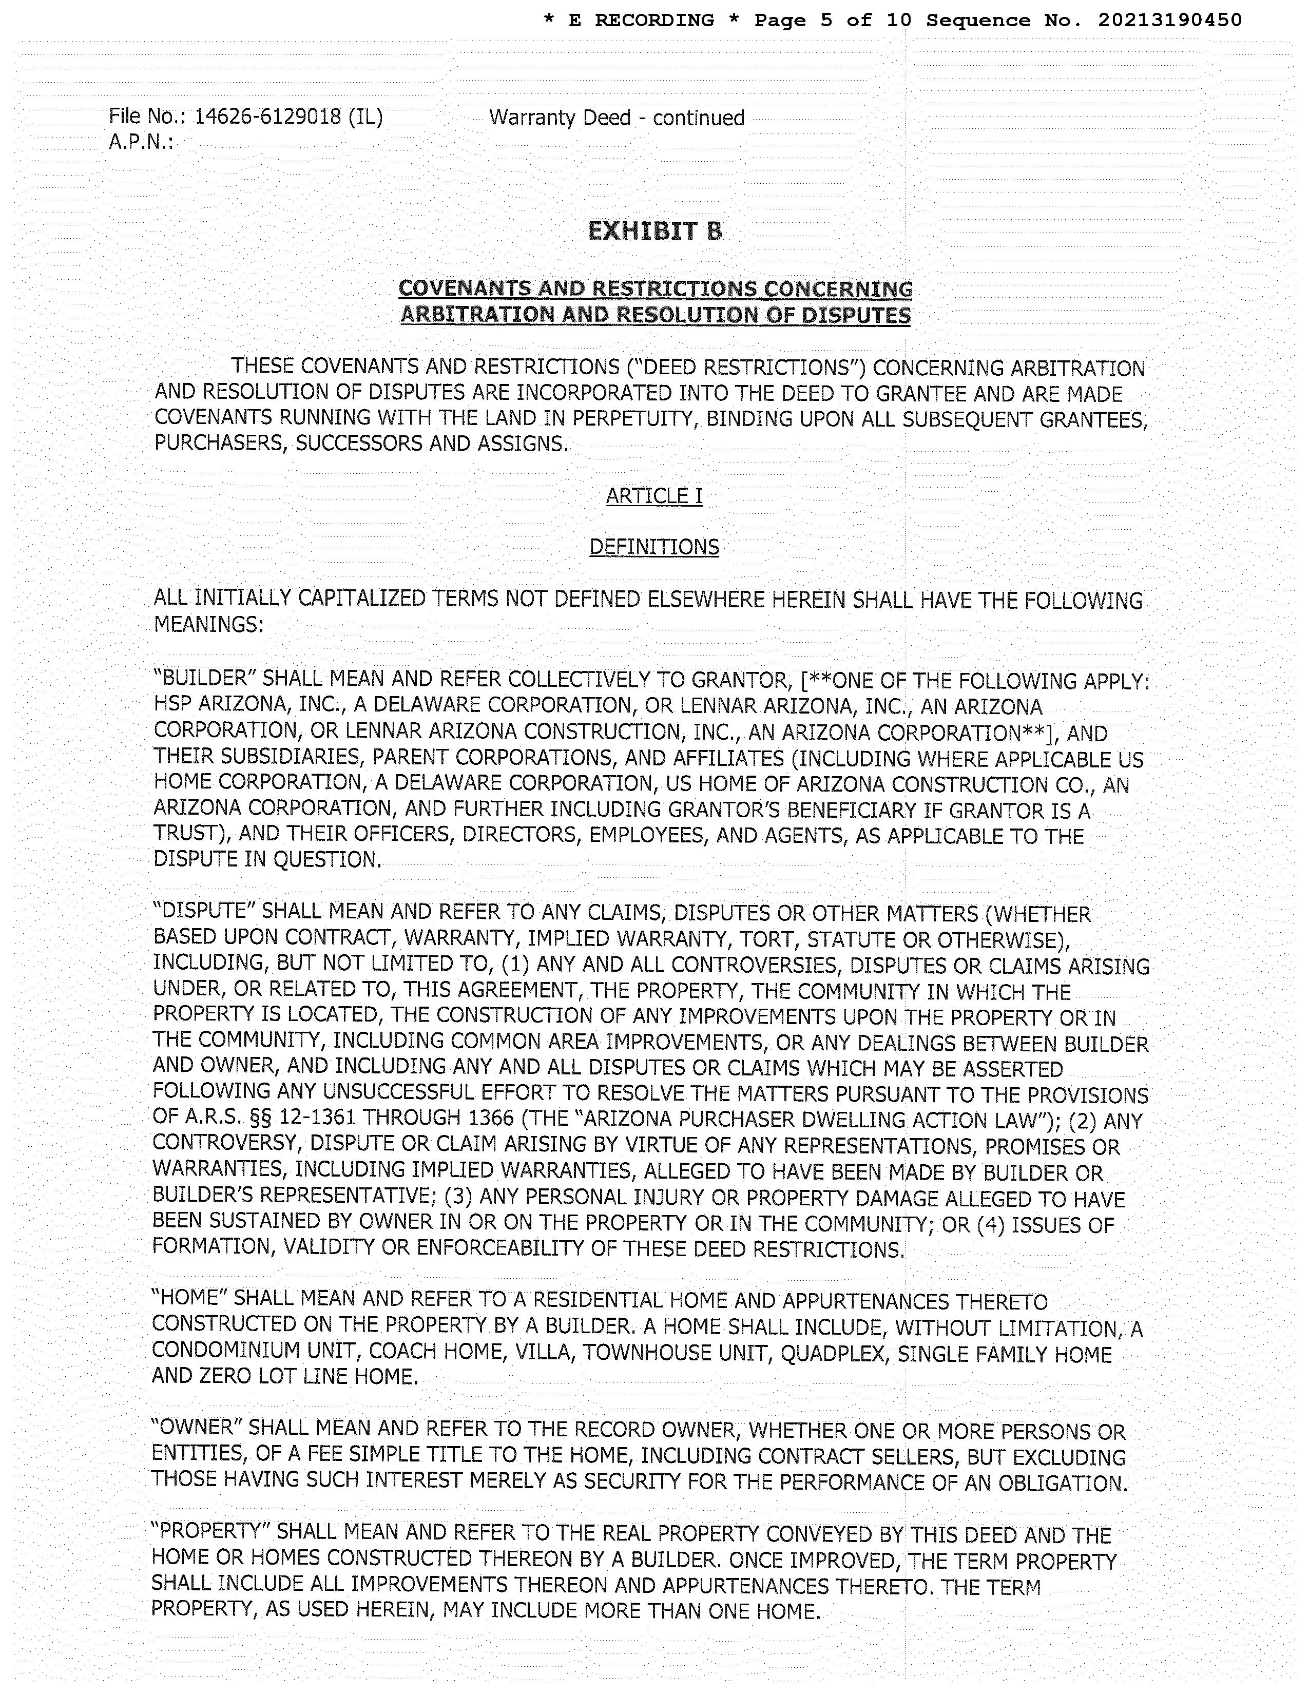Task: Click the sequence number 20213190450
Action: click(x=1169, y=21)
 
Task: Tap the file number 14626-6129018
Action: click(x=267, y=117)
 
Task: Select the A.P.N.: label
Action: click(x=140, y=143)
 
